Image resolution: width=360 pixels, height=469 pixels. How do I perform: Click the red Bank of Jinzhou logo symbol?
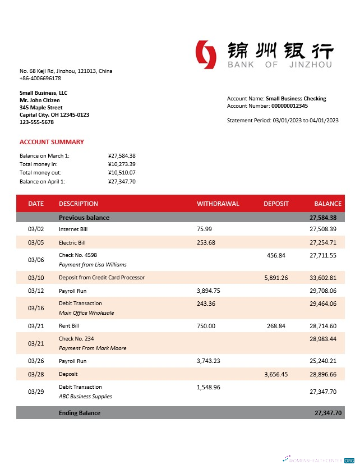(x=206, y=55)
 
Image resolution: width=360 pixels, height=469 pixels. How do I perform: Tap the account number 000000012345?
(x=289, y=105)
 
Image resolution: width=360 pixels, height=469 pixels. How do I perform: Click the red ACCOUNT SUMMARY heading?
(x=52, y=142)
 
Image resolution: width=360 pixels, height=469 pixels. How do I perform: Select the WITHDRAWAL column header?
(x=218, y=204)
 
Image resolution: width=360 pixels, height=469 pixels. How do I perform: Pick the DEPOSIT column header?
(x=276, y=204)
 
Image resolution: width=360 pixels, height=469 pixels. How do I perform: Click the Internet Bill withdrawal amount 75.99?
(x=204, y=229)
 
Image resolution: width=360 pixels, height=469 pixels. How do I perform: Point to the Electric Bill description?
(x=72, y=243)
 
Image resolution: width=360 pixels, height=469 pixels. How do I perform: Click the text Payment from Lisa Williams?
(x=93, y=264)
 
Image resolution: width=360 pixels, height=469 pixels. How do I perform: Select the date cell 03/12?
(x=35, y=291)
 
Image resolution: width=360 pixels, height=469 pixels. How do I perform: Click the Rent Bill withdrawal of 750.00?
(x=206, y=326)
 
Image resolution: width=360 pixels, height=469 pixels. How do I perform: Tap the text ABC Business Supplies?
(x=85, y=396)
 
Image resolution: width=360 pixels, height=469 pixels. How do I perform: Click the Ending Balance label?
(x=80, y=413)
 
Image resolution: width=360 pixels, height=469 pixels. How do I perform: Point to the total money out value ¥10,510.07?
(x=122, y=173)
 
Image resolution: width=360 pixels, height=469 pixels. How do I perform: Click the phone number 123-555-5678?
(x=36, y=122)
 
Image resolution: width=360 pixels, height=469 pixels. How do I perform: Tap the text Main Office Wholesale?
(x=86, y=312)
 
